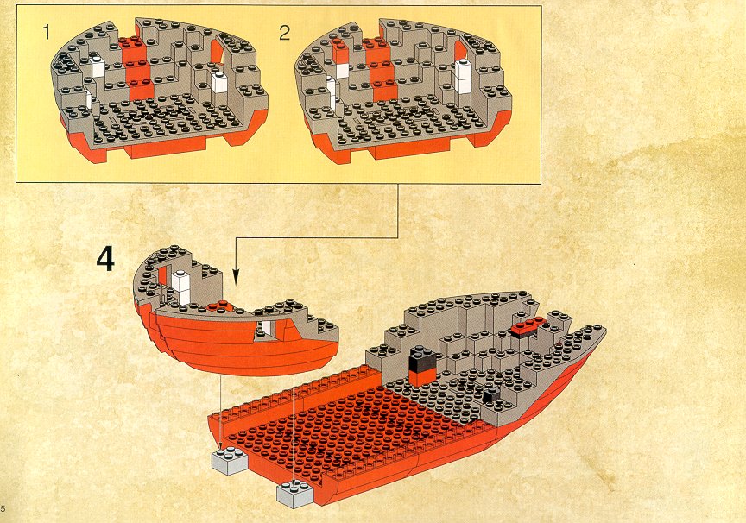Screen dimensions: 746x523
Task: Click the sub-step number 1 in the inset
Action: (x=46, y=32)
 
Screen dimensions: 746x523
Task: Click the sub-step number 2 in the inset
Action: (x=285, y=32)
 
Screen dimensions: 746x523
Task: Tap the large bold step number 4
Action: (x=105, y=259)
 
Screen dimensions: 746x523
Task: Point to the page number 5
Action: (x=3, y=507)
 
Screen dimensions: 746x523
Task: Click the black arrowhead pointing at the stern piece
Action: (x=236, y=277)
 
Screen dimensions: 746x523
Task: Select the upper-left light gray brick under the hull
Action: (x=230, y=460)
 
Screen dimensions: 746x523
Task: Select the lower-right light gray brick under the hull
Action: (x=295, y=494)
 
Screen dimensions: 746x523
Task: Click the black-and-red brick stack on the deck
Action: (x=421, y=366)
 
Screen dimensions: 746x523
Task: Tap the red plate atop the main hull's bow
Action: (x=528, y=326)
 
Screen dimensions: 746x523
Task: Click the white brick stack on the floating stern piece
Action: (x=181, y=287)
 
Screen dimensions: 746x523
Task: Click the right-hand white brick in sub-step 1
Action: (x=220, y=83)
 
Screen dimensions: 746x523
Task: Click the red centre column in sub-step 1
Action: (x=136, y=69)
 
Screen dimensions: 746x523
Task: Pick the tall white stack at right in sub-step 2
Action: (x=464, y=78)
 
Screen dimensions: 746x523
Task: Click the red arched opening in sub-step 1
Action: (x=217, y=53)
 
